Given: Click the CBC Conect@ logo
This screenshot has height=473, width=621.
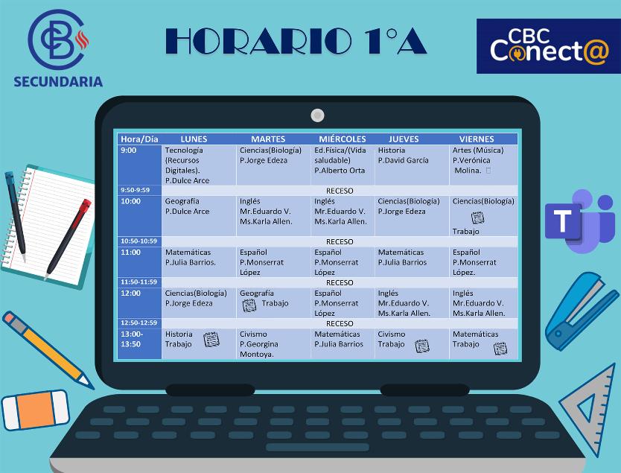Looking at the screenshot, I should (547, 46).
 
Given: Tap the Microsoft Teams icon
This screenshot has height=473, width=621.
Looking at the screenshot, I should (579, 221).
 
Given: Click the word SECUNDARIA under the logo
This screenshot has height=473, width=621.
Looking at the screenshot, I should (58, 82).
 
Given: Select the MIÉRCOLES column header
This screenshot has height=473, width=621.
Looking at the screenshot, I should (342, 139).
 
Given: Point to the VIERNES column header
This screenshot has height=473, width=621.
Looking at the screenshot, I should (477, 139).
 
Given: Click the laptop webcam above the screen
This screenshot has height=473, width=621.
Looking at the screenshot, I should (317, 115).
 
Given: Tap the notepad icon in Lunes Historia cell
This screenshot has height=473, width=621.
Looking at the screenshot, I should (211, 340).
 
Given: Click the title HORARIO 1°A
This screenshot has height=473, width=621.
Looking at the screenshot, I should (296, 42).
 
